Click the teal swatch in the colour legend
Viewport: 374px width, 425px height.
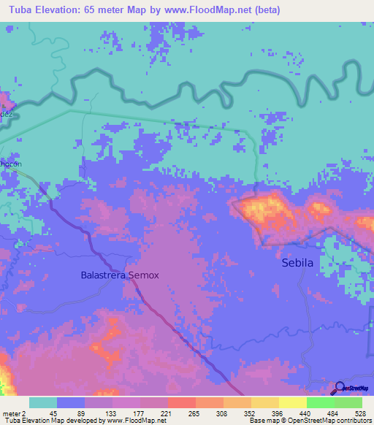coord(43,402)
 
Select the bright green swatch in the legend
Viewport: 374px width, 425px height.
coord(320,402)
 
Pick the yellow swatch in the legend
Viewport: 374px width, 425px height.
coord(292,402)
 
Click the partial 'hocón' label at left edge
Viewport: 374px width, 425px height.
coord(10,164)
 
